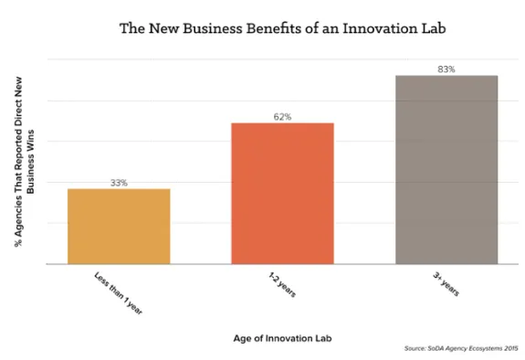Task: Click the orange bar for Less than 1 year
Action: click(119, 227)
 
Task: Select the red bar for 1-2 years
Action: click(282, 194)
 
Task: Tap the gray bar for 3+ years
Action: click(446, 170)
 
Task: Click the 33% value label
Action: click(119, 183)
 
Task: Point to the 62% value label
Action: click(282, 117)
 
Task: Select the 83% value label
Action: click(446, 69)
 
